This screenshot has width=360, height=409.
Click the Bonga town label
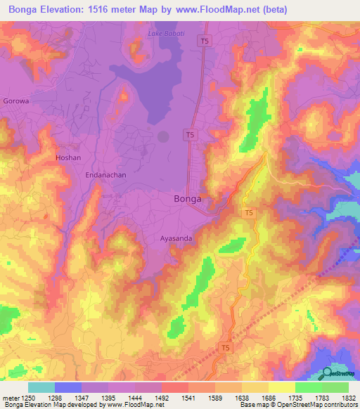188,199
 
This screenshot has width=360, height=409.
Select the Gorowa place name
16,101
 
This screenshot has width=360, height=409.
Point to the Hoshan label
68,158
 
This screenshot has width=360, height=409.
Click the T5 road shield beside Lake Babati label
204,41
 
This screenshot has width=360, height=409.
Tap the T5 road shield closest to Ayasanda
248,212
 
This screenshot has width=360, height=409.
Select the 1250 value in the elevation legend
26,398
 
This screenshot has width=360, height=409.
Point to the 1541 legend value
188,398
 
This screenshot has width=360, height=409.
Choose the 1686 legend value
269,398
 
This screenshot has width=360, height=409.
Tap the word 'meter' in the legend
8,398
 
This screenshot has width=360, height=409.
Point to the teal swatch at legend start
41,387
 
